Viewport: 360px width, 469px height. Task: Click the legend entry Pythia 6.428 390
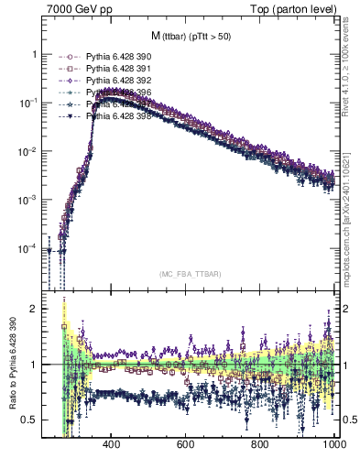pos(111,57)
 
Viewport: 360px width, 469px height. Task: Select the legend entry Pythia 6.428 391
pos(111,69)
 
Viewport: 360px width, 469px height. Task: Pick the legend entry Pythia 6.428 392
pos(111,81)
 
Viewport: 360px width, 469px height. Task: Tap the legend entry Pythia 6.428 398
pos(111,116)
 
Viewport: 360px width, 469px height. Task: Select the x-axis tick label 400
pos(113,444)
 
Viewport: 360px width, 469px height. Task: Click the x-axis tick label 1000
pos(333,444)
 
